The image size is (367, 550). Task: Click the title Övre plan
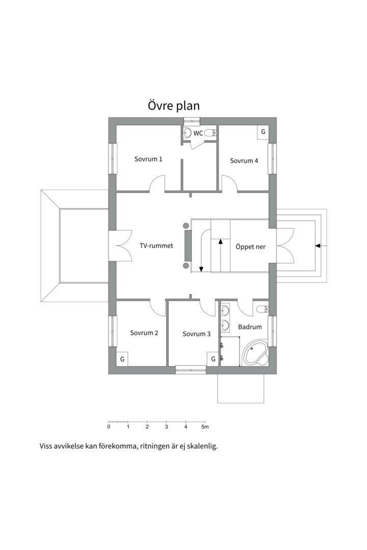coord(173,105)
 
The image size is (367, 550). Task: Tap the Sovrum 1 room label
coord(148,159)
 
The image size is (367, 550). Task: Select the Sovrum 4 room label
coord(244,160)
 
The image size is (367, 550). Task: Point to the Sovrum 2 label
coord(144,333)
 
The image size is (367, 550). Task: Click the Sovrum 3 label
coord(196,334)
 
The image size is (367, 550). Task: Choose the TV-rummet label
coord(156,245)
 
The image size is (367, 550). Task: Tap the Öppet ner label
coord(250,246)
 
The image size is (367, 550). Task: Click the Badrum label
coord(250,327)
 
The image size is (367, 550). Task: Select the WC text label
coord(198,133)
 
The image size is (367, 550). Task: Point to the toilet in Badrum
coord(263,309)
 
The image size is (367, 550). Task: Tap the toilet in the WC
coord(211,132)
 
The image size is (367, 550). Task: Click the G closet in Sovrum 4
coord(263,132)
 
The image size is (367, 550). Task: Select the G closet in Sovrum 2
coord(122,359)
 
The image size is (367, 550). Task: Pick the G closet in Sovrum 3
coord(213,359)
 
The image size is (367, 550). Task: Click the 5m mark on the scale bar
coord(205,427)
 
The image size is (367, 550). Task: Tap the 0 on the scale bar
coord(109,427)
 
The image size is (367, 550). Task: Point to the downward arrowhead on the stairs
coord(201,269)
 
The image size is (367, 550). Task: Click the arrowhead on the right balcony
coord(318,246)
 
